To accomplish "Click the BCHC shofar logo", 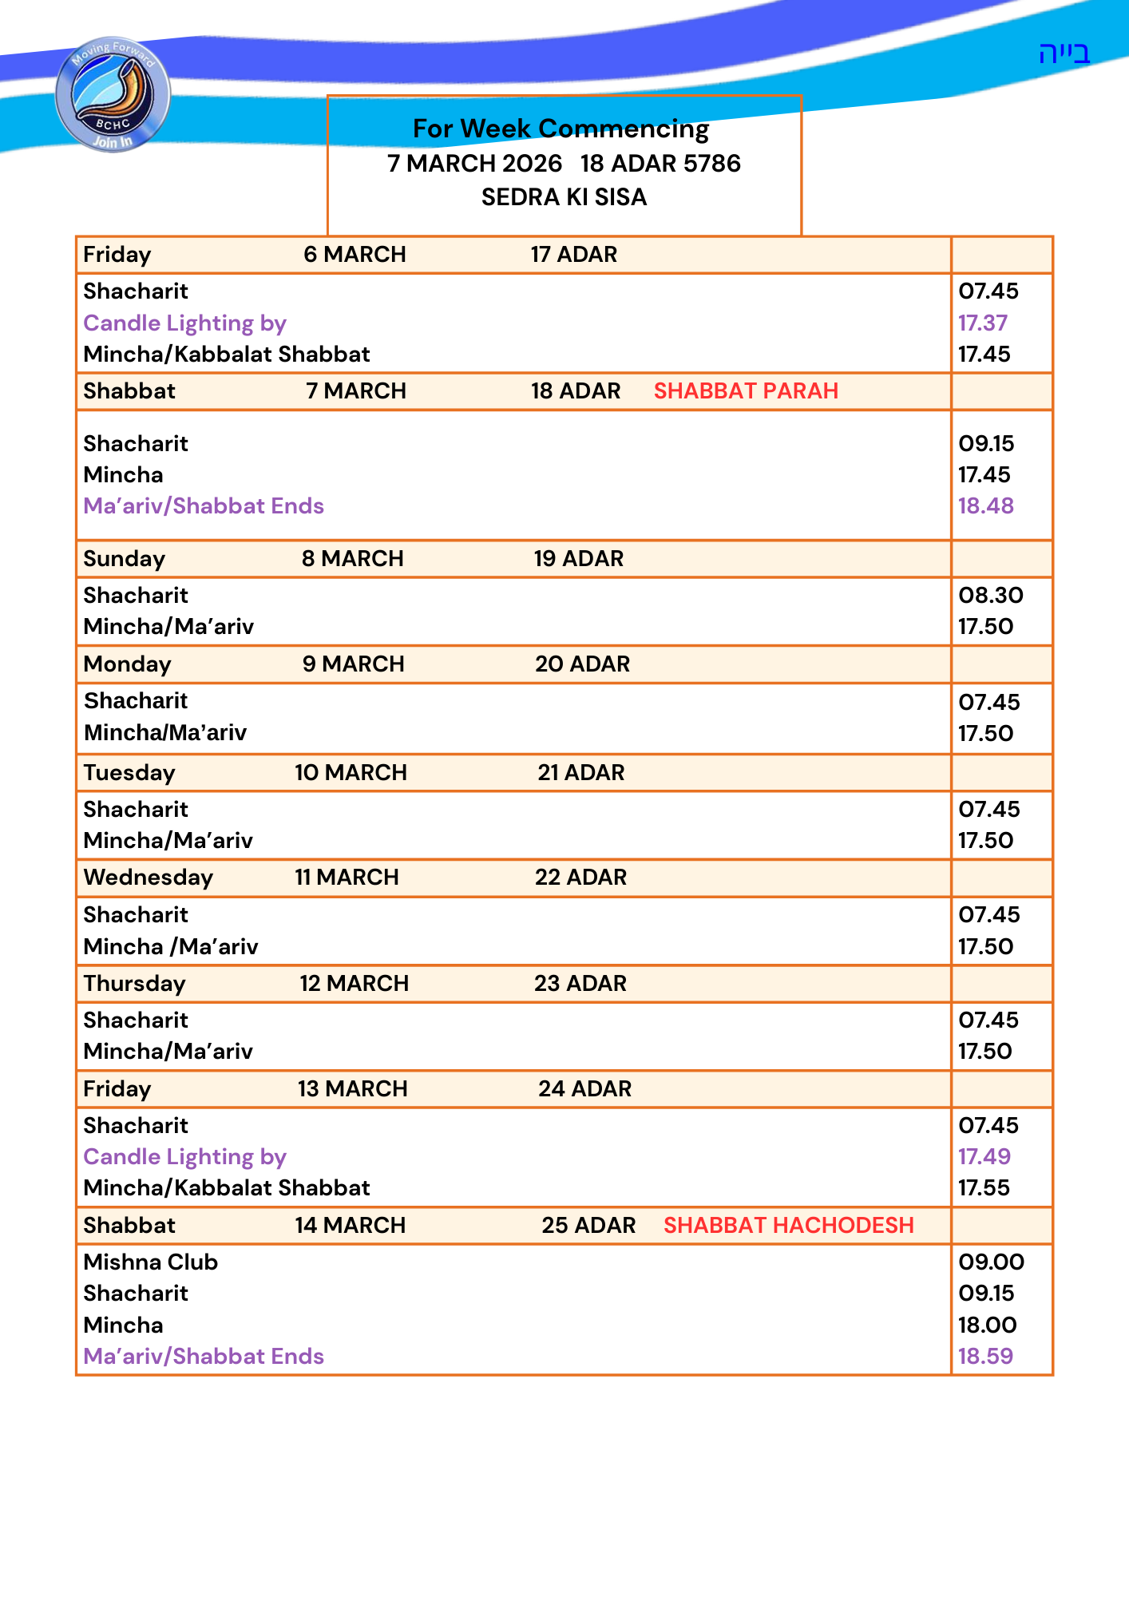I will click(113, 94).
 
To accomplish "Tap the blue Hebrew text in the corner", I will click(1064, 53).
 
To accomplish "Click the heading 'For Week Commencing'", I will click(561, 129).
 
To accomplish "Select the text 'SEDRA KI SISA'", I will click(564, 197).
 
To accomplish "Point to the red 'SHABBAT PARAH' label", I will click(746, 391).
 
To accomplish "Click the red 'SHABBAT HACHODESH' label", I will click(788, 1225).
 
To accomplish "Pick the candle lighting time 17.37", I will click(983, 323).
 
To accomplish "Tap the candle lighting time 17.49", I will click(984, 1156).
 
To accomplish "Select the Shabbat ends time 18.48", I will click(986, 506).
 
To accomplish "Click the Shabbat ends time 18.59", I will click(985, 1356).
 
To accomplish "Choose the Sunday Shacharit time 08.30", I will click(991, 596).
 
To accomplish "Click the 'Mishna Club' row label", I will click(151, 1262).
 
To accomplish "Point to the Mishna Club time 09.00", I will click(991, 1262).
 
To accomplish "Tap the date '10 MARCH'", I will click(351, 773).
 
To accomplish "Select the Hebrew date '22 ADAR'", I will click(580, 878).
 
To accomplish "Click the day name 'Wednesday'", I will click(149, 878).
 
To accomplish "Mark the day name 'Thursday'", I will click(134, 984).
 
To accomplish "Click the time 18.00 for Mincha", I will click(988, 1326).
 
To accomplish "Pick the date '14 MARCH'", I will click(350, 1226).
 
